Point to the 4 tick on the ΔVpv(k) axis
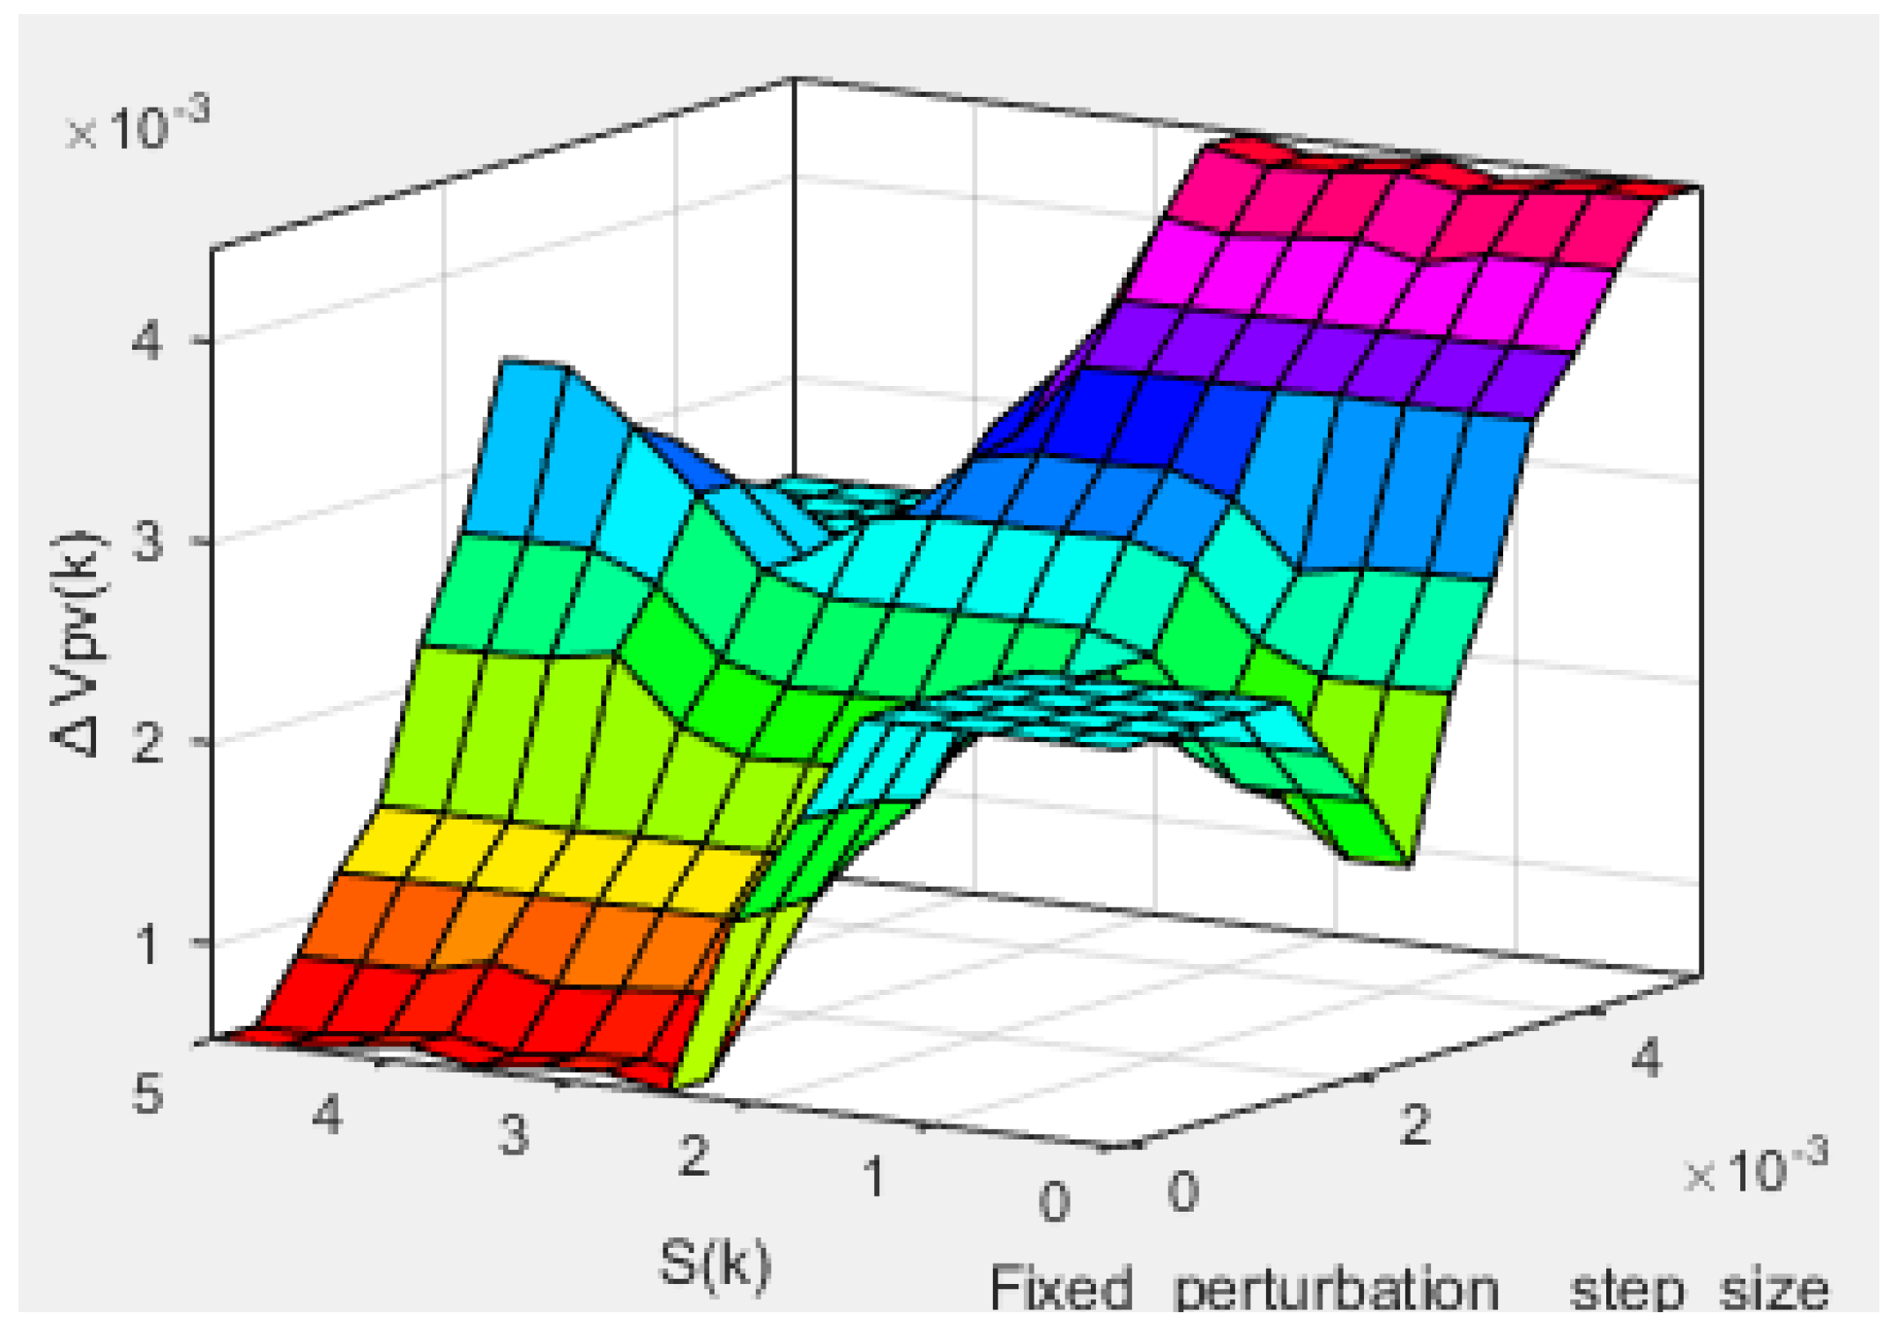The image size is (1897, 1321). point(146,340)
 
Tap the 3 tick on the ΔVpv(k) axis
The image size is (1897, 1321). point(146,541)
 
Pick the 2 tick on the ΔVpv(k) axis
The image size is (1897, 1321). point(146,743)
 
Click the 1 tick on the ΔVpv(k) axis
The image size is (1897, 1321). point(146,944)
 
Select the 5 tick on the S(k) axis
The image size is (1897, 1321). point(147,1096)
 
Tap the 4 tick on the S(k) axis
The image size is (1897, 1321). point(327,1115)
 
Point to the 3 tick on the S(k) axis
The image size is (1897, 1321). point(514,1134)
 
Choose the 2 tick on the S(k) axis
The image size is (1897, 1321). point(694,1155)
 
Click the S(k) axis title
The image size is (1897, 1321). point(714,1264)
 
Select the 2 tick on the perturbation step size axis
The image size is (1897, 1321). point(1415,1124)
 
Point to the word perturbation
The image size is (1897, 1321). point(1336,1291)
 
